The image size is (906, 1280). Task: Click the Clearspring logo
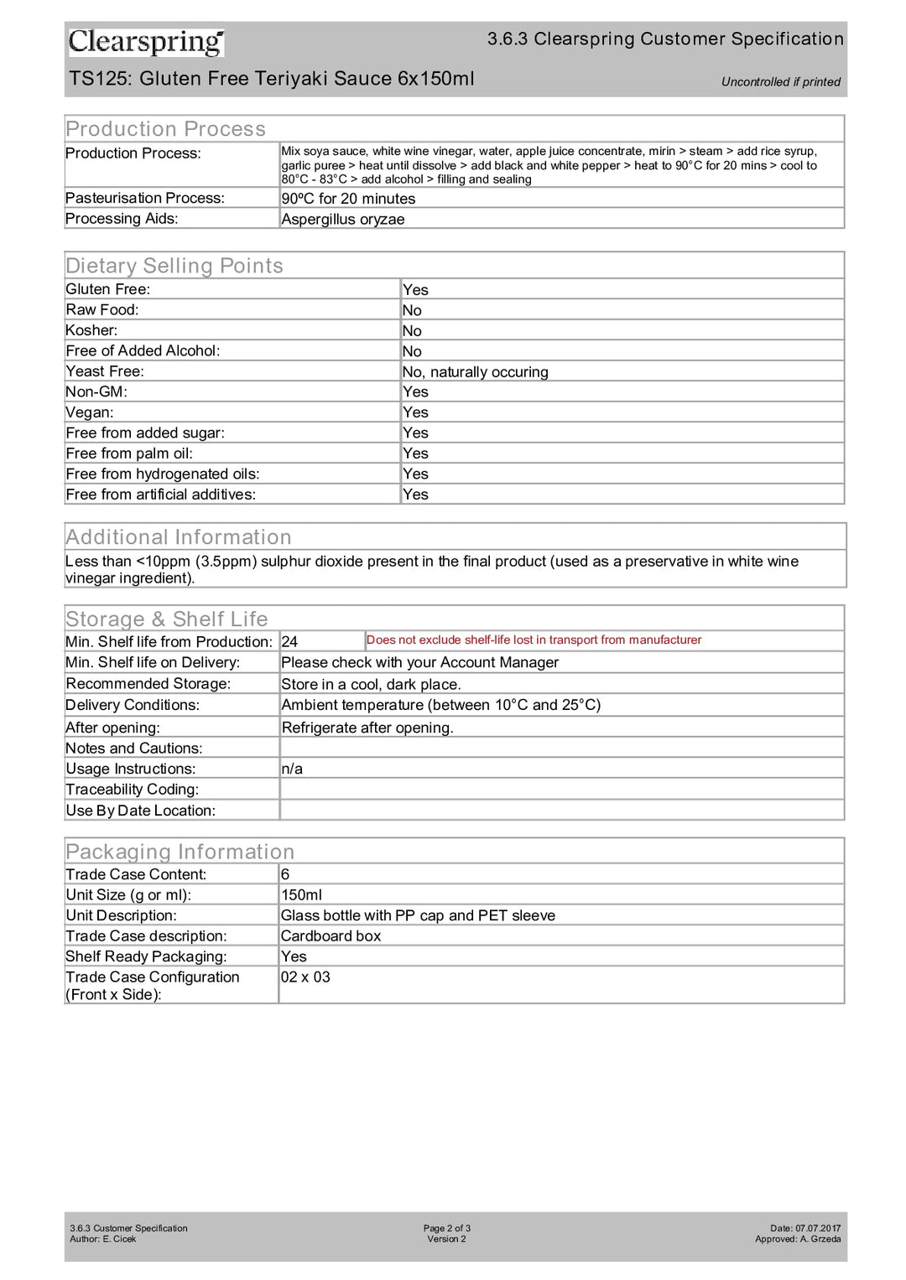click(146, 42)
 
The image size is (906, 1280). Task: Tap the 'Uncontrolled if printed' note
click(780, 82)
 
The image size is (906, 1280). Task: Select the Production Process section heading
click(165, 129)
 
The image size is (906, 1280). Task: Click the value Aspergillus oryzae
click(342, 220)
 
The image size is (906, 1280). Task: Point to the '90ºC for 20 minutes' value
click(348, 199)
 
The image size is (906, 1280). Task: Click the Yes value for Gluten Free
click(415, 290)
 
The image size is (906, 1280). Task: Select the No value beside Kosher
click(412, 331)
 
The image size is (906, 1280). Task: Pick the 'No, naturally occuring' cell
click(475, 372)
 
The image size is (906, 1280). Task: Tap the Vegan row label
click(90, 412)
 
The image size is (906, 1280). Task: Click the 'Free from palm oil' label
click(129, 453)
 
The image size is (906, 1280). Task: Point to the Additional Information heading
click(179, 537)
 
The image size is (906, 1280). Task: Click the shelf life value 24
click(289, 642)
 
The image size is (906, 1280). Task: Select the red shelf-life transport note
click(534, 640)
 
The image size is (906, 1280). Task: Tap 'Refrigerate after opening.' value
click(367, 728)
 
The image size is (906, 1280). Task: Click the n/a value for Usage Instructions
click(292, 769)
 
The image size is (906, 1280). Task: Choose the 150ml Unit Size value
click(301, 895)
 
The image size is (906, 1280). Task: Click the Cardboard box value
click(331, 936)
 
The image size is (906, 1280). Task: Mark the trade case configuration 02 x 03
click(305, 977)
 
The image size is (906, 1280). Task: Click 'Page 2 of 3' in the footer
click(446, 1228)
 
